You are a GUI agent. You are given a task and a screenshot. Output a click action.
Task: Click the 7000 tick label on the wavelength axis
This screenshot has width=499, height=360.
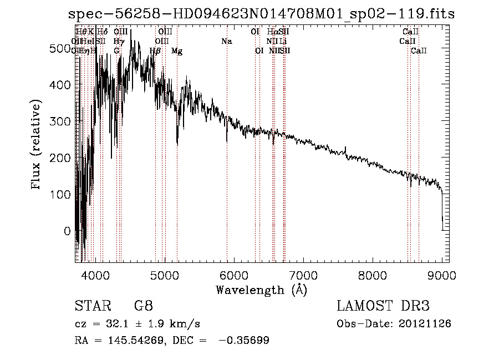pyautogui.click(x=303, y=274)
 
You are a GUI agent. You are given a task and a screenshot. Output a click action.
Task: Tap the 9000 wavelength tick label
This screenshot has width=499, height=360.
pyautogui.click(x=442, y=274)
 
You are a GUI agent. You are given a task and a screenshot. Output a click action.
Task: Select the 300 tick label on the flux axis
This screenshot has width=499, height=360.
pyautogui.click(x=60, y=121)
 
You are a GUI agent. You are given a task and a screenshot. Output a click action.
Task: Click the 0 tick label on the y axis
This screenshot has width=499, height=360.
pyautogui.click(x=68, y=231)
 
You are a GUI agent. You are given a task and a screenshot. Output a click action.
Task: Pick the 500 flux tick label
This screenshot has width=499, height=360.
pyautogui.click(x=60, y=49)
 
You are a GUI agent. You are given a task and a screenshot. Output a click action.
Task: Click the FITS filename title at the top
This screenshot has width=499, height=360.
pyautogui.click(x=261, y=14)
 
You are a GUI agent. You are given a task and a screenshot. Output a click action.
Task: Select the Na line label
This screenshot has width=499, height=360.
pyautogui.click(x=226, y=42)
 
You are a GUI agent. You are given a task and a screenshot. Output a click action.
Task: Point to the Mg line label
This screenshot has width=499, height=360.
pyautogui.click(x=177, y=51)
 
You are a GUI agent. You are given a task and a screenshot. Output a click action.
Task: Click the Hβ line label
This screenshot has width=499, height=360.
pyautogui.click(x=156, y=51)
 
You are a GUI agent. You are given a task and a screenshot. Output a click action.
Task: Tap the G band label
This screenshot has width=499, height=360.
pyautogui.click(x=116, y=51)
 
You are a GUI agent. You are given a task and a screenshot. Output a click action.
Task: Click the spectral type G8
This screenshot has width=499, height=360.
pyautogui.click(x=143, y=307)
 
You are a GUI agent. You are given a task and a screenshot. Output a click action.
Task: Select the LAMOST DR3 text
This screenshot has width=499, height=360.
pyautogui.click(x=383, y=307)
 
